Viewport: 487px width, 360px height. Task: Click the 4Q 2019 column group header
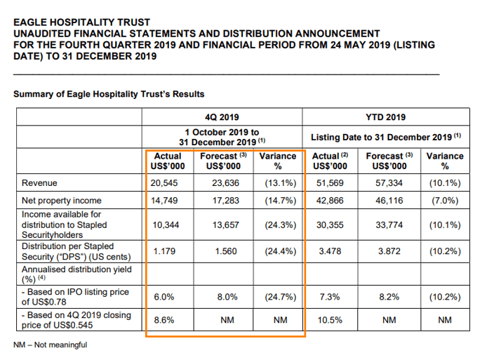click(222, 117)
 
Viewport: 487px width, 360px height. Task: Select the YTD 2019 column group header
click(385, 117)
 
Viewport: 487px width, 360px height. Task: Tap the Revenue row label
click(39, 183)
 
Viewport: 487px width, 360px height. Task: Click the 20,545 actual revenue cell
click(164, 183)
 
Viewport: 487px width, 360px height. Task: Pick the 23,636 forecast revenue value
click(225, 183)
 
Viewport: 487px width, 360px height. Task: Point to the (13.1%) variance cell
click(281, 183)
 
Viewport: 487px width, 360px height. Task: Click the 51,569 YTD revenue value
click(330, 183)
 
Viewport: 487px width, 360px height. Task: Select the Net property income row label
click(62, 201)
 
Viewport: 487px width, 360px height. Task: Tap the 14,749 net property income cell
click(164, 201)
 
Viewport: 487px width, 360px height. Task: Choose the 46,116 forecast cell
click(389, 201)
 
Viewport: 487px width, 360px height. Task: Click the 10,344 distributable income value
click(166, 225)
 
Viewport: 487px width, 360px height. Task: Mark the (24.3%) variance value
click(281, 225)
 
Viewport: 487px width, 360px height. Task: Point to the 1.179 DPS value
click(164, 251)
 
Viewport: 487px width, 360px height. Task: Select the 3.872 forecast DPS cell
click(389, 251)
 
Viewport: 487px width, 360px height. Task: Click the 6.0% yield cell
click(164, 297)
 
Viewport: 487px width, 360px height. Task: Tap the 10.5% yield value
click(330, 320)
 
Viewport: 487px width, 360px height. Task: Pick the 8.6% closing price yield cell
click(164, 320)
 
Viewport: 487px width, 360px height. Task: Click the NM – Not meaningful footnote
click(50, 345)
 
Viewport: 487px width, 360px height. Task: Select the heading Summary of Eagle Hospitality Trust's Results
click(109, 94)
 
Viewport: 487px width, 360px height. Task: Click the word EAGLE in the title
click(30, 22)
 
